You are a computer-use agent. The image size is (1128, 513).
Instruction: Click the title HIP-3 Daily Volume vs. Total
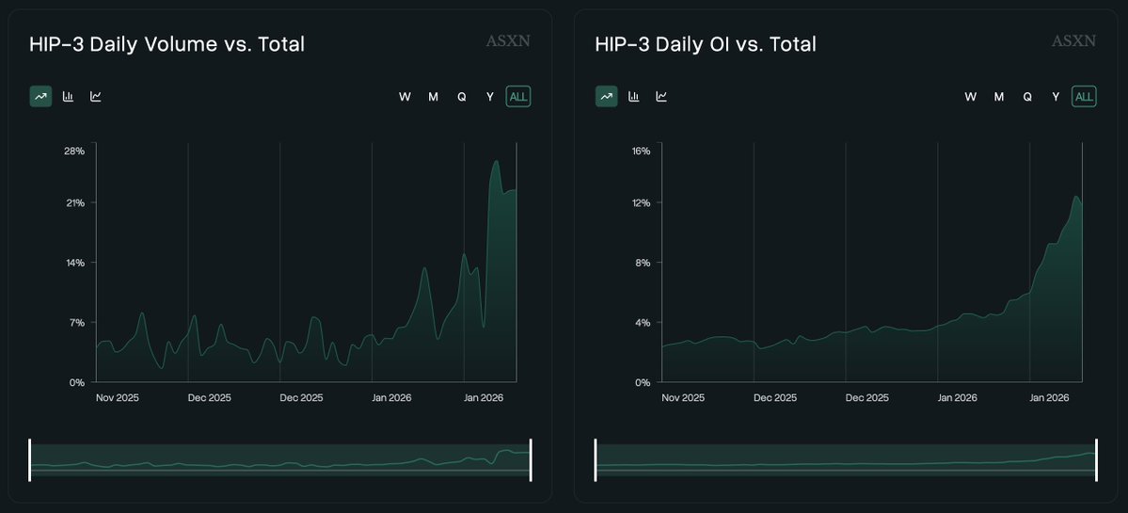pos(167,44)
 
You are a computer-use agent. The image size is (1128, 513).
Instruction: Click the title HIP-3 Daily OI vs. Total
pos(706,44)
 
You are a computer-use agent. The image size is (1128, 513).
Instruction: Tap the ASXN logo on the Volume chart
pos(508,41)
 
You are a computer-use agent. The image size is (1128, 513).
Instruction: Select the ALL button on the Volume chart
pos(518,96)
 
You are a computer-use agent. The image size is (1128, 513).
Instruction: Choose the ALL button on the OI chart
pos(1084,96)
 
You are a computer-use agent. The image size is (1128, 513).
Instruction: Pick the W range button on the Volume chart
pos(405,96)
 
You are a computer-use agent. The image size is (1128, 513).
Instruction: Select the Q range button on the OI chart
pos(1027,96)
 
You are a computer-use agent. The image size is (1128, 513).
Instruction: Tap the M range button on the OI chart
pos(999,96)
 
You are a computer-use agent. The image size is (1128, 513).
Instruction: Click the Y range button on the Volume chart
pos(489,96)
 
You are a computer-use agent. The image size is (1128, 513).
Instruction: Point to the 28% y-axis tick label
pos(74,151)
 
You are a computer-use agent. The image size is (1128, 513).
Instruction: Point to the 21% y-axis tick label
pos(74,202)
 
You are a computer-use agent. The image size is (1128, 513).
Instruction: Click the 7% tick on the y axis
pos(76,322)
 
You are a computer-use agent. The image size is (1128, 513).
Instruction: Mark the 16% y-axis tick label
pos(641,151)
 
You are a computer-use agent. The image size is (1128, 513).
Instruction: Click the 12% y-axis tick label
pos(641,202)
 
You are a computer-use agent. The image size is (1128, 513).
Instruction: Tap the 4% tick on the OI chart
pos(643,322)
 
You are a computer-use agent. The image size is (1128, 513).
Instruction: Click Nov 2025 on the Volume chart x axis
pos(118,397)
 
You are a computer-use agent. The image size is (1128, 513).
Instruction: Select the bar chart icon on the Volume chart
pos(68,96)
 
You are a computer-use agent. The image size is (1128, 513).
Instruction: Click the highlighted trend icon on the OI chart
pos(606,96)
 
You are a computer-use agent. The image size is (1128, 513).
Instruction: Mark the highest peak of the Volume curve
pos(496,161)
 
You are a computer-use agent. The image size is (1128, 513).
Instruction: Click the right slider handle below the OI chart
pos(1096,459)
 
